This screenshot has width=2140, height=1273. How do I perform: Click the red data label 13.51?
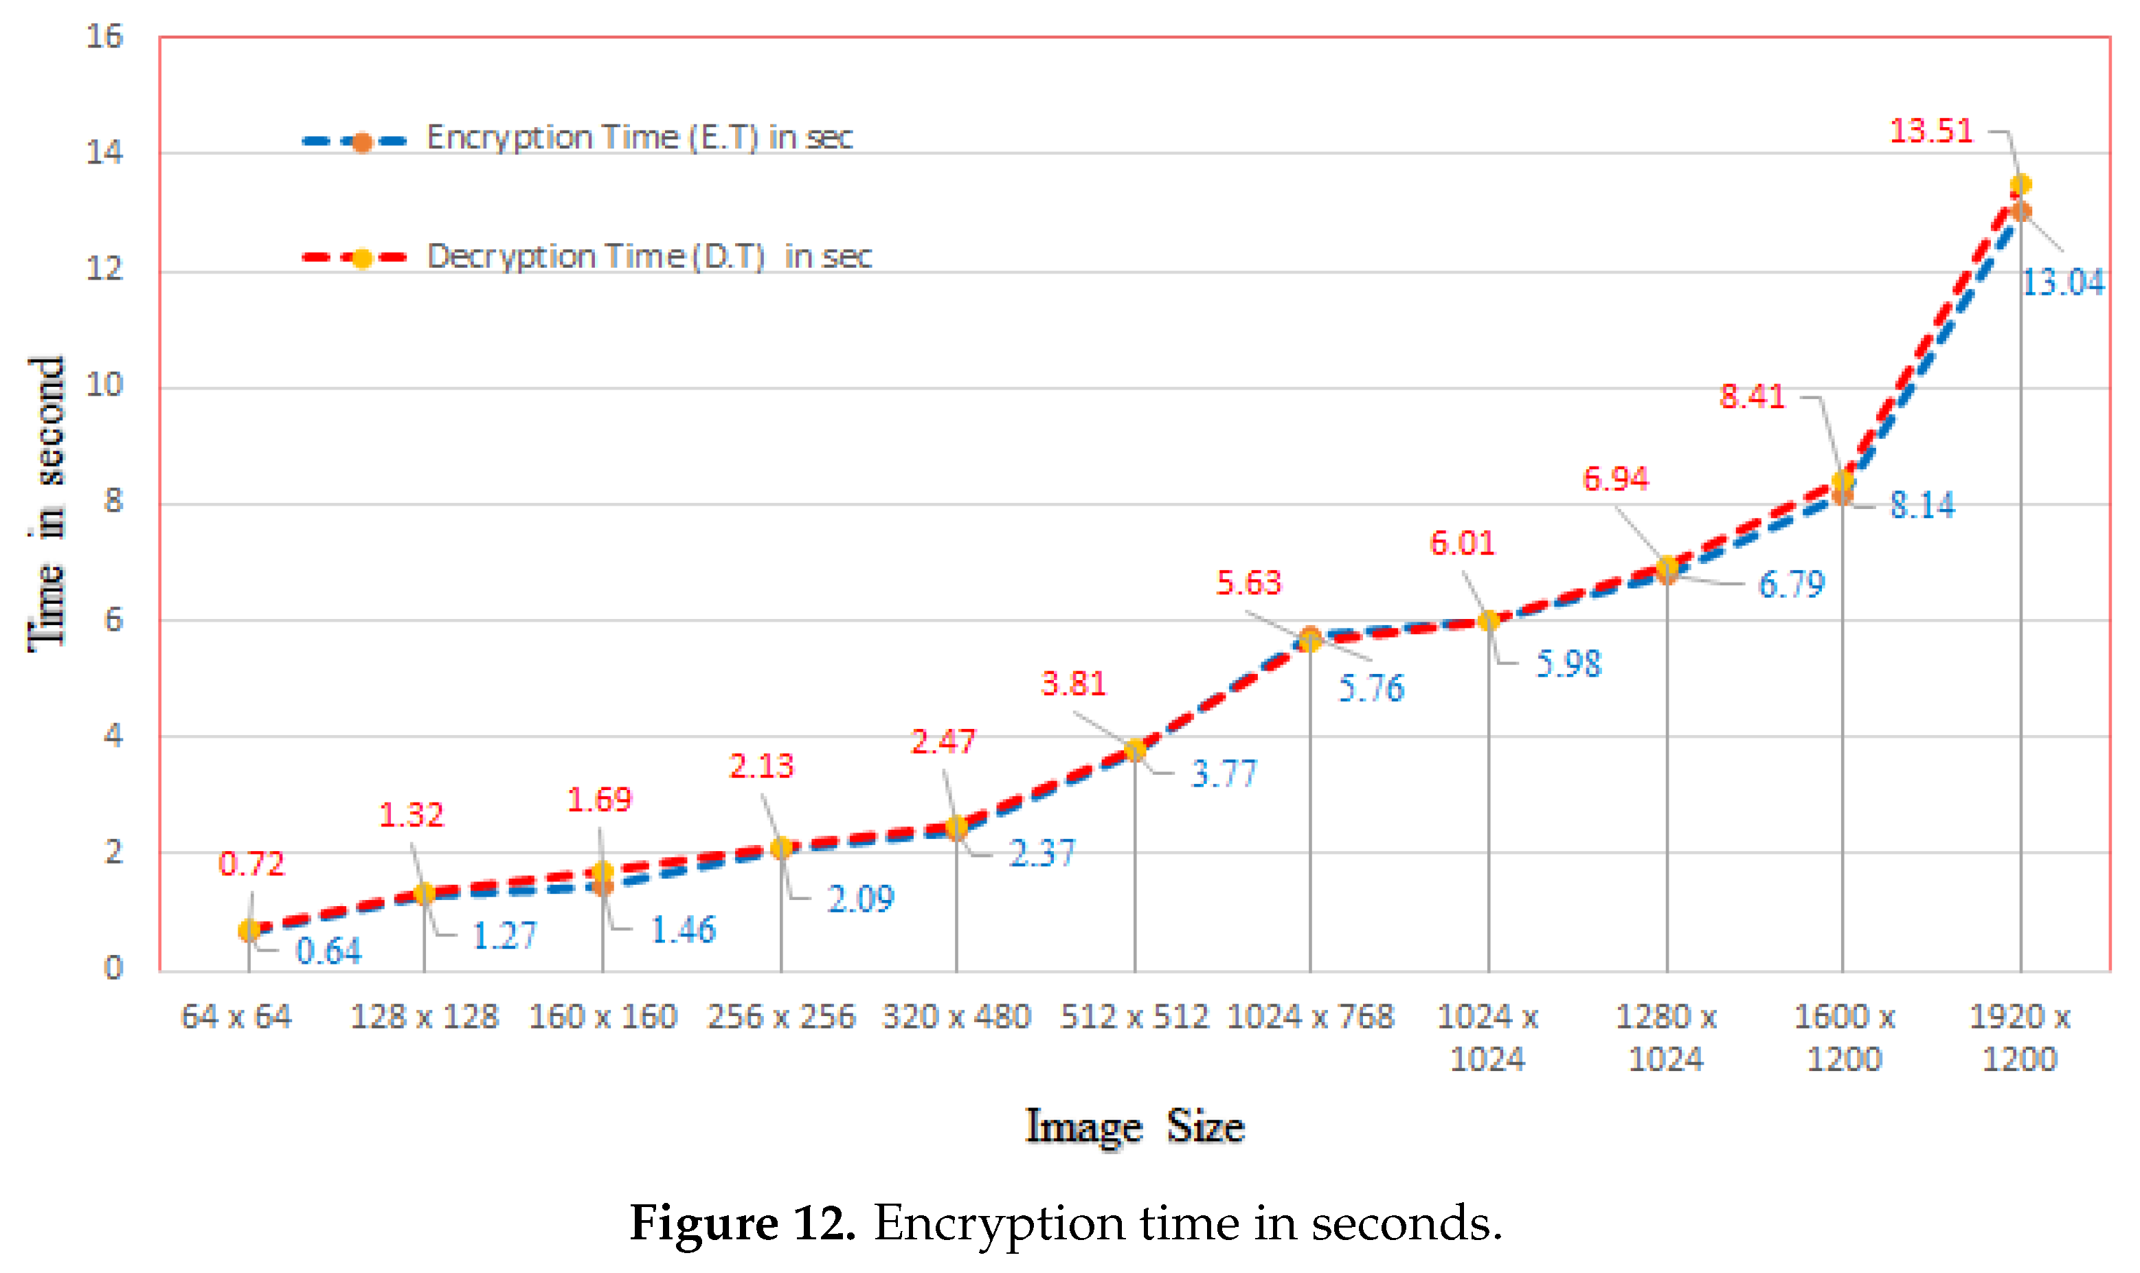pyautogui.click(x=1930, y=131)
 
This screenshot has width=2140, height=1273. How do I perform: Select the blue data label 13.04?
pyautogui.click(x=2063, y=282)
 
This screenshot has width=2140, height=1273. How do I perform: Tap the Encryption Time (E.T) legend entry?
pyautogui.click(x=639, y=137)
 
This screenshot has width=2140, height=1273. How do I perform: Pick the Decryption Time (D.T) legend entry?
pyautogui.click(x=649, y=256)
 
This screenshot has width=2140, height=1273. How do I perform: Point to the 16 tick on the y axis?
pyautogui.click(x=104, y=37)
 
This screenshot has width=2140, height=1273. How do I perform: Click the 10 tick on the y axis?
pyautogui.click(x=104, y=385)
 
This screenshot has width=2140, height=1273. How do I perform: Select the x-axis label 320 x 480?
pyautogui.click(x=956, y=1017)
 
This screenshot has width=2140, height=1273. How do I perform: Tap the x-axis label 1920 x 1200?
pyautogui.click(x=2019, y=1037)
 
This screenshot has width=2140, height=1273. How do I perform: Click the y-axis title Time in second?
pyautogui.click(x=47, y=504)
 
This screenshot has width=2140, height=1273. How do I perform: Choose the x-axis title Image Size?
pyautogui.click(x=1134, y=1126)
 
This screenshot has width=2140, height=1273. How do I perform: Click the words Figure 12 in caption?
pyautogui.click(x=742, y=1222)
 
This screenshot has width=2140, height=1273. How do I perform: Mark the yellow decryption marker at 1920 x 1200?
pyautogui.click(x=2020, y=184)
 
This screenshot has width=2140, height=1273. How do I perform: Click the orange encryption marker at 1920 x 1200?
pyautogui.click(x=2020, y=212)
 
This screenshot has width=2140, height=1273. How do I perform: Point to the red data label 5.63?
pyautogui.click(x=1248, y=583)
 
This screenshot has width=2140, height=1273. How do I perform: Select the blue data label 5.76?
pyautogui.click(x=1371, y=688)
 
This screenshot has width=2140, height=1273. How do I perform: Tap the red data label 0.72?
pyautogui.click(x=251, y=864)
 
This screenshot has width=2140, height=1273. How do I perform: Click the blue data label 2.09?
pyautogui.click(x=860, y=899)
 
